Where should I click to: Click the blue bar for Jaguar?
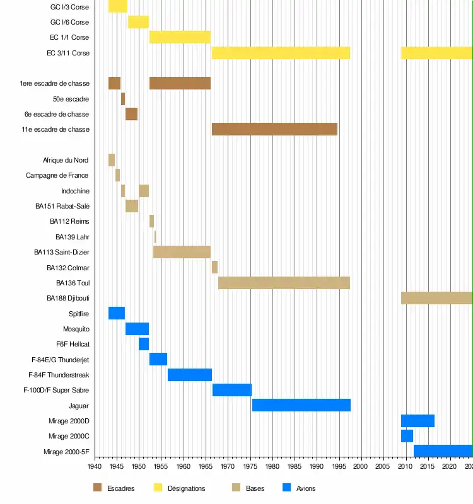(x=301, y=405)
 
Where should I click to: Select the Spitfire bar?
(x=117, y=313)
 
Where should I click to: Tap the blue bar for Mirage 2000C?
(x=407, y=436)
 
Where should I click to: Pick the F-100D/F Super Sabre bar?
(x=232, y=390)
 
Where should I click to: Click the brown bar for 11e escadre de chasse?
(x=274, y=129)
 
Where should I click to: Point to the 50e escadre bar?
(x=123, y=99)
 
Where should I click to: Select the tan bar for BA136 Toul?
(x=284, y=283)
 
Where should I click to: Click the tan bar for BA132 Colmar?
(x=214, y=267)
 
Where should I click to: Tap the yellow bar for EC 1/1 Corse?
(x=180, y=37)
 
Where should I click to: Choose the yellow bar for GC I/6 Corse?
(x=138, y=22)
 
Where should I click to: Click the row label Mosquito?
(x=76, y=329)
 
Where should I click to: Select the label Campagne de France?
(x=57, y=175)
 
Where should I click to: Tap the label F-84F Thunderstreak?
(x=59, y=375)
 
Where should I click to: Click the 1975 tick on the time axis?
(x=250, y=467)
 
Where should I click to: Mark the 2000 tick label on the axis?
(x=361, y=467)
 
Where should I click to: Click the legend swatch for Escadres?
(x=97, y=488)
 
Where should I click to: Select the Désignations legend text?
(x=186, y=488)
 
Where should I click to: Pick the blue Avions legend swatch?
(x=287, y=488)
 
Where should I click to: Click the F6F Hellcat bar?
(x=144, y=344)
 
